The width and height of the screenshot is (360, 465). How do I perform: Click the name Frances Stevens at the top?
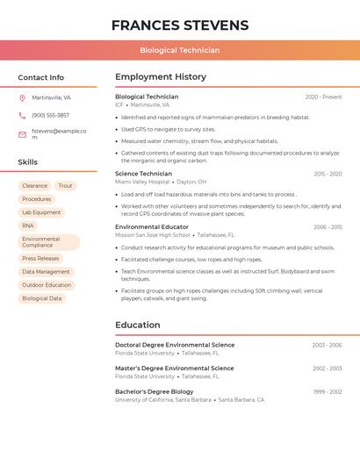point(180,25)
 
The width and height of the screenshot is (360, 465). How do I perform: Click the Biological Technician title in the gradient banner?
point(180,50)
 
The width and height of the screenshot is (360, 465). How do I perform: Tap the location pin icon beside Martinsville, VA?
point(22,97)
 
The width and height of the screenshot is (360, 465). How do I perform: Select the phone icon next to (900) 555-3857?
point(22,115)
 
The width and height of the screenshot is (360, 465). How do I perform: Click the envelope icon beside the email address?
point(22,134)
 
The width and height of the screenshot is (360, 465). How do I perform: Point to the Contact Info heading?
point(41,77)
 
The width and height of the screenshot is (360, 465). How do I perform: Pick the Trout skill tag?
point(65,186)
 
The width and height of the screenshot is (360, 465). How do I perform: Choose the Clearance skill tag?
point(35,186)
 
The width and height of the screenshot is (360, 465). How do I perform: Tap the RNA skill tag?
point(28,225)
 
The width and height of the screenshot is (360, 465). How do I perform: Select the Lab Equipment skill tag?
point(41,212)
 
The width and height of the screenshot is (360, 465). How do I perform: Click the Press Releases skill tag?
point(40,259)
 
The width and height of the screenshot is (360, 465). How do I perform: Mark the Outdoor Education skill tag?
point(47,285)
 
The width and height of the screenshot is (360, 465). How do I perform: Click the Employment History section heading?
point(161,77)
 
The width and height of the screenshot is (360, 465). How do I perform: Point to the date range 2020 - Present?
point(323,97)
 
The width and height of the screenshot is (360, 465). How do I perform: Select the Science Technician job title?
point(144,174)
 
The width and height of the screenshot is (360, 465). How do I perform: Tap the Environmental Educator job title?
point(152,227)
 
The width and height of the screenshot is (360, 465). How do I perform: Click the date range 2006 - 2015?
point(328,227)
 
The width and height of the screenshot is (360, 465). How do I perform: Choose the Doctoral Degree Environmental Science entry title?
point(175,345)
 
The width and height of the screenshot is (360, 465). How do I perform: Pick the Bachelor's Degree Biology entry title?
point(155,391)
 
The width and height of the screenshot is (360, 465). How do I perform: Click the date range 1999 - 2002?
point(327,391)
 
